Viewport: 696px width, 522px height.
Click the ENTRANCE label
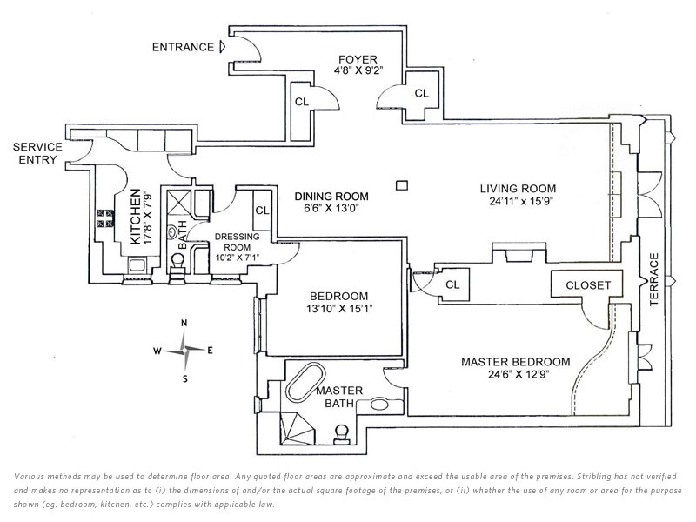(x=183, y=47)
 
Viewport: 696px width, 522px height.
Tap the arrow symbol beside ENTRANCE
(x=223, y=47)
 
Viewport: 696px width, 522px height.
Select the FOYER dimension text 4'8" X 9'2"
(x=358, y=70)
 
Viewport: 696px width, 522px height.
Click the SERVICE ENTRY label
(x=37, y=153)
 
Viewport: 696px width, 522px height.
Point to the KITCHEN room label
(x=136, y=216)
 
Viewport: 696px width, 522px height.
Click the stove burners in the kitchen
(x=105, y=218)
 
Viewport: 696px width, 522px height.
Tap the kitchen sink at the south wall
(x=137, y=265)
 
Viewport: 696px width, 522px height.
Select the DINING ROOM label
(x=331, y=197)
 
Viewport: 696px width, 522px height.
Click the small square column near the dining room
(x=402, y=185)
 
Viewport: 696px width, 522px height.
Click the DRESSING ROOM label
(x=237, y=242)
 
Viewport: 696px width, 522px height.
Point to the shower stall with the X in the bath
(x=178, y=204)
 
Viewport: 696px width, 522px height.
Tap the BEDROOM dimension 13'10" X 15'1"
(x=338, y=309)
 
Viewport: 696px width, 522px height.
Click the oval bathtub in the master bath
(x=305, y=383)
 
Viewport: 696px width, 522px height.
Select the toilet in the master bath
(x=342, y=434)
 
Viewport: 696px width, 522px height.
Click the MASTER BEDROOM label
(x=516, y=362)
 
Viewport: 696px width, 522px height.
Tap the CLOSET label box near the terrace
(x=588, y=284)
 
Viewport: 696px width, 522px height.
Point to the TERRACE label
(x=654, y=279)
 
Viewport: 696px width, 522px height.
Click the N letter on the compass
(x=184, y=323)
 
